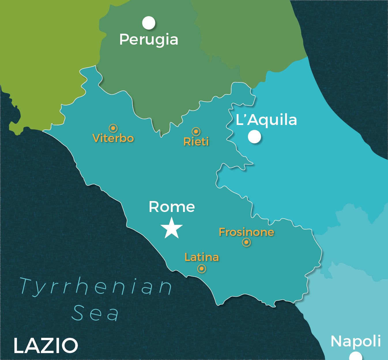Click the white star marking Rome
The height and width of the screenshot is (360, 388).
pos(172,228)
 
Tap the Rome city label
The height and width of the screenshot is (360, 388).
pos(172,207)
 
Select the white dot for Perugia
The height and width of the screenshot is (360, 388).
pos(149,23)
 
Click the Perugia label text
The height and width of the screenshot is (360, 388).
pos(149,39)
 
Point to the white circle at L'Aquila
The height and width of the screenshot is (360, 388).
pos(255,137)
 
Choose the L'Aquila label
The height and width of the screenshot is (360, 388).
pos(266,120)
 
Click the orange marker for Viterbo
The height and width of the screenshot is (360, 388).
pos(113,128)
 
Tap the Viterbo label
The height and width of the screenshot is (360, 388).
pos(113,138)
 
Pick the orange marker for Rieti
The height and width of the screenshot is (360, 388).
pos(196,132)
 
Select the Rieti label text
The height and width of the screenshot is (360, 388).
pos(196,142)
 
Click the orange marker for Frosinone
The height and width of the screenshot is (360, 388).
pos(246,242)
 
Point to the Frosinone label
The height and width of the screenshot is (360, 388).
pos(246,232)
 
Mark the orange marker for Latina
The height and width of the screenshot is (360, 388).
pos(202,269)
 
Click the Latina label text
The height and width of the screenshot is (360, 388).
pos(202,257)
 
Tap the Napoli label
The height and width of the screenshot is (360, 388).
pos(356,341)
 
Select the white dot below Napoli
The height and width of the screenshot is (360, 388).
pos(355,357)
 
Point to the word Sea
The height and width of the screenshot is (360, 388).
pos(95,313)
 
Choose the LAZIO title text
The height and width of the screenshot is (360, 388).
pos(46,345)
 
